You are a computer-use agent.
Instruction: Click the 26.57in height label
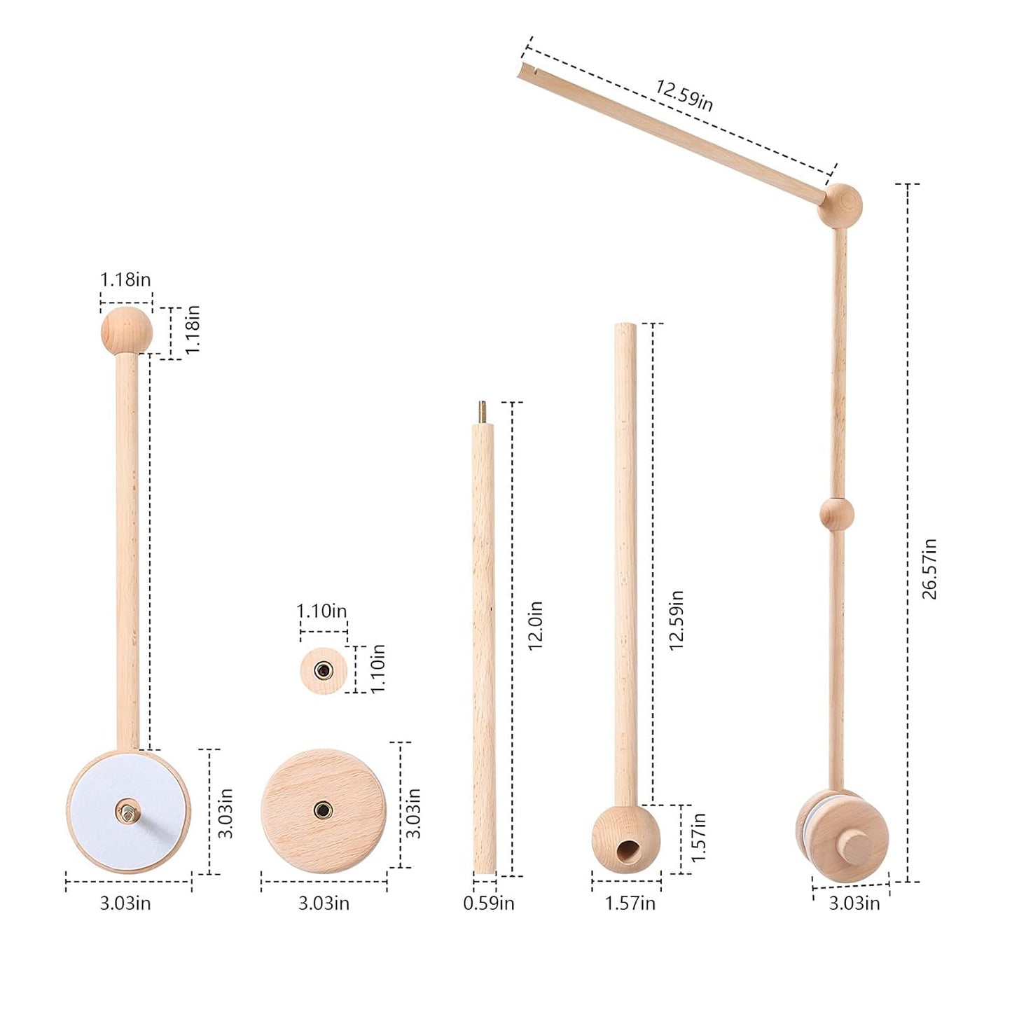point(929,569)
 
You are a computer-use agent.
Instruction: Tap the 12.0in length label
point(535,625)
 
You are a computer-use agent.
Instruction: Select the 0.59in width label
point(488,903)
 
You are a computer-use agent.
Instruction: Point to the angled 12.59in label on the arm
point(684,95)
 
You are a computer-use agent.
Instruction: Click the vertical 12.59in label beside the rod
point(676,621)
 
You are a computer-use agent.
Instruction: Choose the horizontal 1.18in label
point(125,280)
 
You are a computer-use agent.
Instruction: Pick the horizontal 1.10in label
point(321,611)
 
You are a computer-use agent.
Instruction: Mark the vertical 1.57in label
point(698,837)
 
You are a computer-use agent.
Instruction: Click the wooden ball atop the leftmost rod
point(126,330)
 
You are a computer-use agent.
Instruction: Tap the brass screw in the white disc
point(127,812)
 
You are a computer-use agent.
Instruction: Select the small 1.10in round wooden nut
point(323,670)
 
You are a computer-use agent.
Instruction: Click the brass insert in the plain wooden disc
point(323,810)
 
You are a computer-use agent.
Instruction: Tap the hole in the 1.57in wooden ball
point(624,851)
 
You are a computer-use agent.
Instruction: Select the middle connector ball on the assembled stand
point(837,514)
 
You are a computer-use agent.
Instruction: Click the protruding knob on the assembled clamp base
point(852,845)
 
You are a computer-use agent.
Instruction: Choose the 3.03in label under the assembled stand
point(854,903)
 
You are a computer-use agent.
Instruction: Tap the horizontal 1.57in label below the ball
point(630,903)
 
